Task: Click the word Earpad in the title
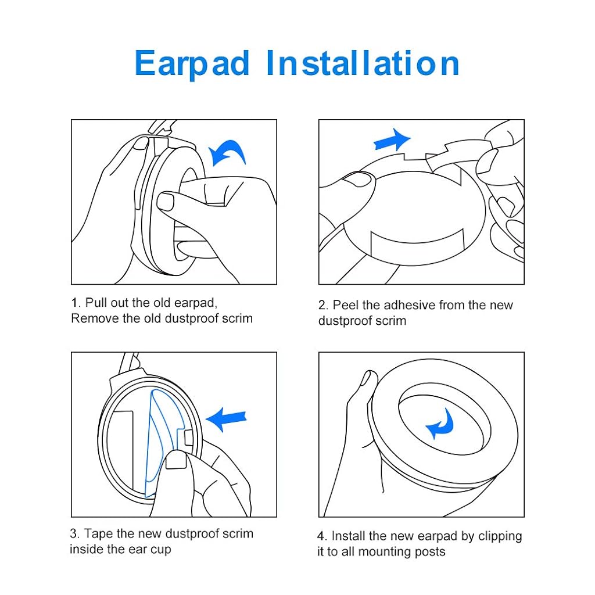tap(192, 63)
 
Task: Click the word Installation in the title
tap(363, 63)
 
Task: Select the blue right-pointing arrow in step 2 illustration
tap(392, 141)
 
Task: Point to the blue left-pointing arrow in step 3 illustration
tap(226, 418)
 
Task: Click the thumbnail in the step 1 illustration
tap(165, 202)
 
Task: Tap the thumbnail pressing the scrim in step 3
tap(175, 462)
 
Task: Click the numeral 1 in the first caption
tap(74, 303)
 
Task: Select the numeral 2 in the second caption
tap(322, 306)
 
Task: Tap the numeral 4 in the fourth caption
tap(321, 536)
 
